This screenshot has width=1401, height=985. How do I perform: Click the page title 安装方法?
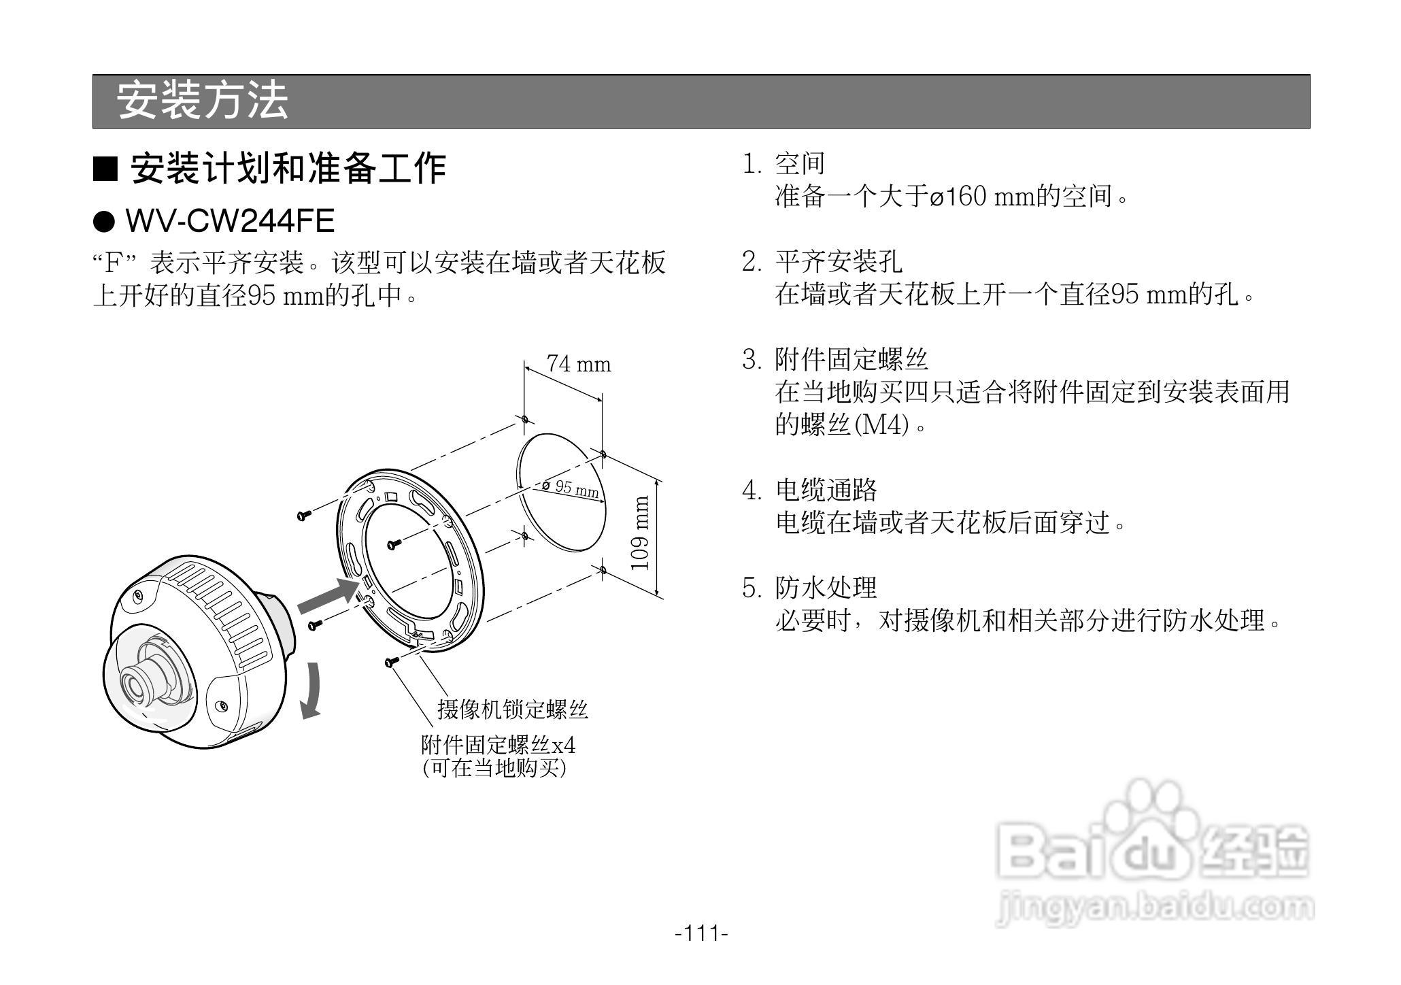(202, 101)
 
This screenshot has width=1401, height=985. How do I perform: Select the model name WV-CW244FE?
(230, 221)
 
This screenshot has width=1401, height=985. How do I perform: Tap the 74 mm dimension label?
(579, 365)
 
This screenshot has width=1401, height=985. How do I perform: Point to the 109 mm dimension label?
(641, 533)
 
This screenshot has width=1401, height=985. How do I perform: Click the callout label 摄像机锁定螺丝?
(512, 709)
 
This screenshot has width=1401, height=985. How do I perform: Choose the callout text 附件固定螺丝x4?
(498, 745)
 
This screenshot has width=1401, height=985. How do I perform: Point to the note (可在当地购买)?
(494, 768)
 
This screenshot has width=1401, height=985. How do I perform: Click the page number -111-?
(701, 933)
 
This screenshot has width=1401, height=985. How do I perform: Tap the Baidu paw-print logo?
(1149, 816)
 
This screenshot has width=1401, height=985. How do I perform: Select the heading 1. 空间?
(783, 164)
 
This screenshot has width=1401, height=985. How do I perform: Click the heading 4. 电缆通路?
(809, 490)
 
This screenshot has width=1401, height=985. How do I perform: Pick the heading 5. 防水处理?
(809, 588)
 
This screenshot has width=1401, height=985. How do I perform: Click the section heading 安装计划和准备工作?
(288, 168)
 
